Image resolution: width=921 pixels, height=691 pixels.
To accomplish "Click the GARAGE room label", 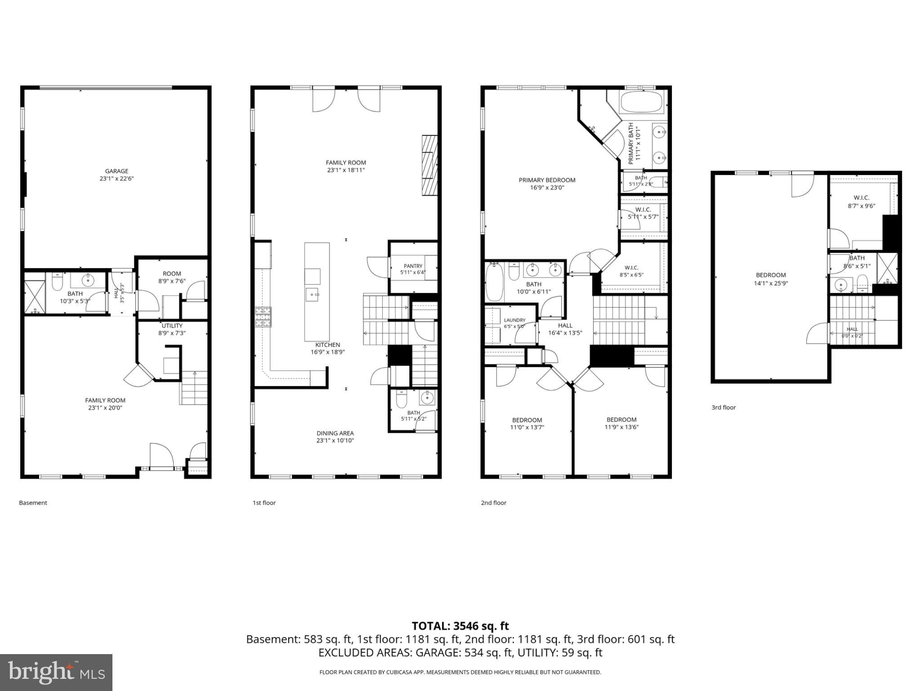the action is click(117, 171).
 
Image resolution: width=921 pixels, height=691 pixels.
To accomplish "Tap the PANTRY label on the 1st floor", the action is click(413, 266).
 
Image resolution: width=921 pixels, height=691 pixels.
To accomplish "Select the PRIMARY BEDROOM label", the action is click(547, 180).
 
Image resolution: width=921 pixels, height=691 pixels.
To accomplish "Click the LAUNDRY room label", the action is click(514, 320).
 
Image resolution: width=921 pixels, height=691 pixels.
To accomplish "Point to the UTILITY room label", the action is click(172, 326).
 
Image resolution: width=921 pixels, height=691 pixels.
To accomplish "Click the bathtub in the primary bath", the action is click(642, 102).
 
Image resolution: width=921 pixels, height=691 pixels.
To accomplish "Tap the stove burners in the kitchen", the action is click(263, 317).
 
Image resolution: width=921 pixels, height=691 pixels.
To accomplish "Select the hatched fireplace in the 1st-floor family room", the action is click(429, 165).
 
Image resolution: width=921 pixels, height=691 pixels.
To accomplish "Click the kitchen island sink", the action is click(313, 295).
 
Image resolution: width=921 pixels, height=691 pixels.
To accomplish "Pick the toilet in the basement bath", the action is click(58, 282).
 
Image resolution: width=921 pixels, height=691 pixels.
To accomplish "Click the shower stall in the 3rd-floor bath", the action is click(887, 269).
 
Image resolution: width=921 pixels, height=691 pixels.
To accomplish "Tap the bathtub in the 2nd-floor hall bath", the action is click(494, 282).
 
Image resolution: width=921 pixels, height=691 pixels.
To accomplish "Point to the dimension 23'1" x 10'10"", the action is click(335, 440).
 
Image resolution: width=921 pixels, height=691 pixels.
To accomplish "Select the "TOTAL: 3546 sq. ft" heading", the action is click(460, 626).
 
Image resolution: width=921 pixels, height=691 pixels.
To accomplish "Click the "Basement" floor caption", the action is click(33, 503).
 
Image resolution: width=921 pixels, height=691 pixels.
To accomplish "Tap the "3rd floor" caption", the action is click(724, 408).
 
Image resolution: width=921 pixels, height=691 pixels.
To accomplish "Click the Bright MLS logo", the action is click(56, 672).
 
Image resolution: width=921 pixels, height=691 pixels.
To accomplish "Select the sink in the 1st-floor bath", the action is click(426, 397).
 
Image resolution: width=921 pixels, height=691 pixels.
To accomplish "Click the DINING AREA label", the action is click(335, 433).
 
